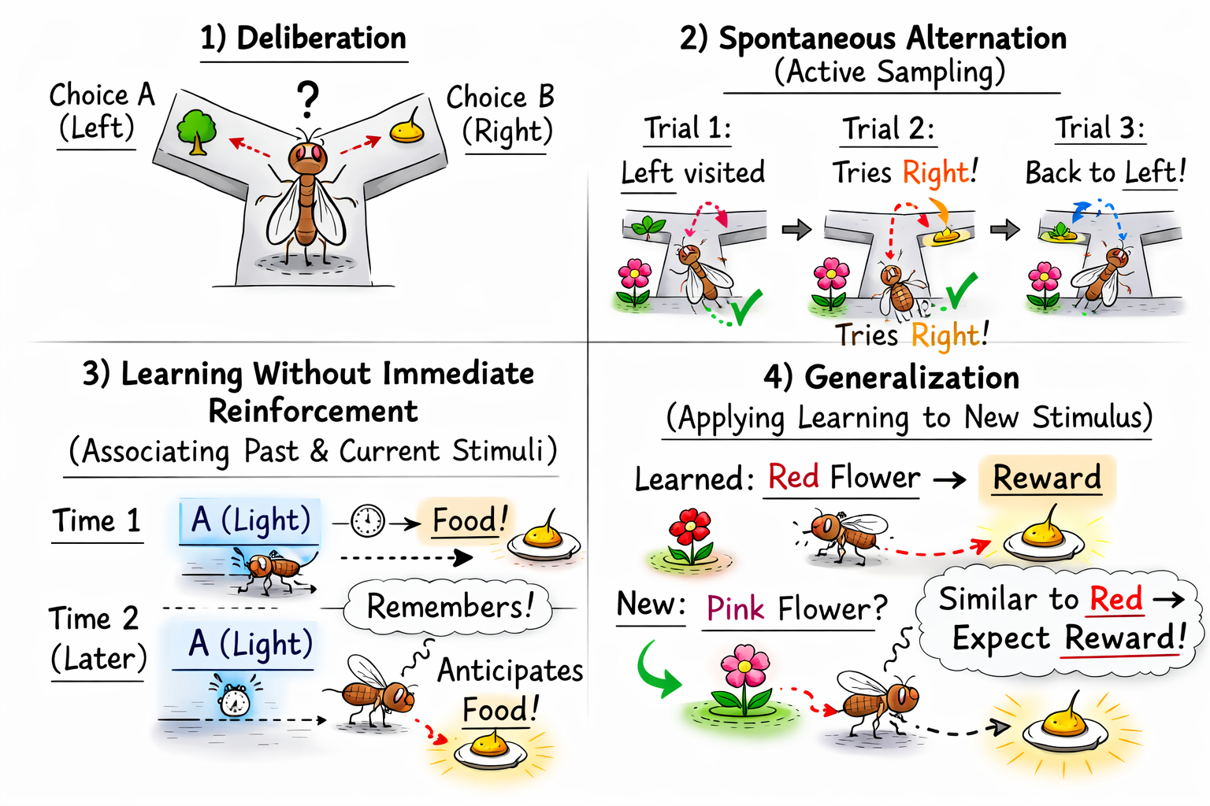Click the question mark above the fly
[x=308, y=100]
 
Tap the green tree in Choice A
[x=196, y=131]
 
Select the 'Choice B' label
[x=500, y=97]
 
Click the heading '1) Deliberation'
[x=303, y=38]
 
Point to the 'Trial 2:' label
[x=889, y=128]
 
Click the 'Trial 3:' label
[x=1100, y=128]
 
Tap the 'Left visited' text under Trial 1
[x=692, y=172]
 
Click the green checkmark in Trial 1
[x=744, y=306]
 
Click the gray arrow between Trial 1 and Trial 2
[x=796, y=229]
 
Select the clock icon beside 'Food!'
[x=368, y=520]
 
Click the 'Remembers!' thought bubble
[x=450, y=607]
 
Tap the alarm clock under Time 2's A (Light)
[x=234, y=698]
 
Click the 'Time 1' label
[x=97, y=521]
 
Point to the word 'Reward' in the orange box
[x=1046, y=478]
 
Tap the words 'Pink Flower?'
[x=796, y=608]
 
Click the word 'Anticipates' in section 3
[x=510, y=671]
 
